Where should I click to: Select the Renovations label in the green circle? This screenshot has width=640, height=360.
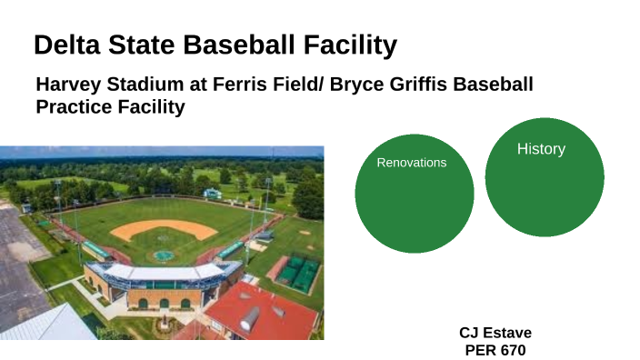pos(412,163)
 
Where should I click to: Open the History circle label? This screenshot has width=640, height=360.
pos(541,149)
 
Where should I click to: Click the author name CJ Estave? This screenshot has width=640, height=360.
pos(495,332)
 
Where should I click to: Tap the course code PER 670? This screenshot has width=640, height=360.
pos(495,348)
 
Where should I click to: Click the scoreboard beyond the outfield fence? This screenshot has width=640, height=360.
pos(212,194)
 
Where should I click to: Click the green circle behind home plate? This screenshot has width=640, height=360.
pos(164,255)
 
